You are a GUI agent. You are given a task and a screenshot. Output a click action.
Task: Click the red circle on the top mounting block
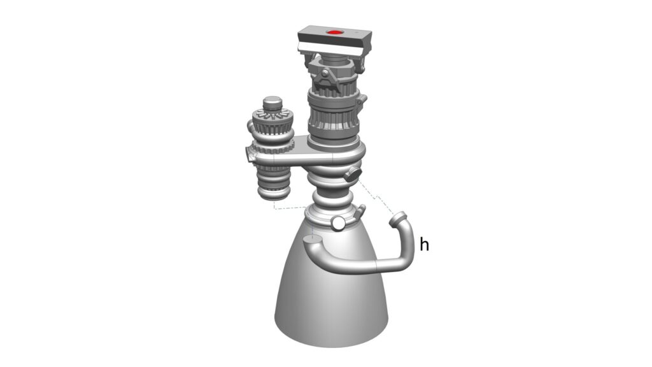334,32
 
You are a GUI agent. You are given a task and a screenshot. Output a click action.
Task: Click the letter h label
424,244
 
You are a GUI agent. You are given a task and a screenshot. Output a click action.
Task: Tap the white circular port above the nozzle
338,224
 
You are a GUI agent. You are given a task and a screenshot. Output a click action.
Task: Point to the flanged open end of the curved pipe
398,219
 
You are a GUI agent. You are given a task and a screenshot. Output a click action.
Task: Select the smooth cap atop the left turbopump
273,101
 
